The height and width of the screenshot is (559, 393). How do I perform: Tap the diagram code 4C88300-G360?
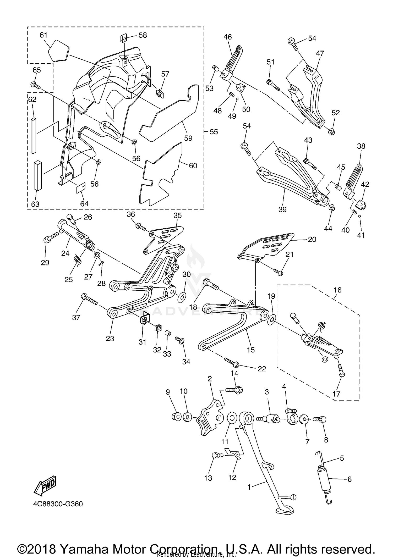[x=58, y=504]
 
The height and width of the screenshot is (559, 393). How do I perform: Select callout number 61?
[x=43, y=35]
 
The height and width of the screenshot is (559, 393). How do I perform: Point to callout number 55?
[x=214, y=132]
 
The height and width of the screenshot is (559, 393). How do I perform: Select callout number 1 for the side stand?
[x=249, y=487]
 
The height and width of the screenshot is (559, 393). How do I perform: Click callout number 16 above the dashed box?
[x=338, y=290]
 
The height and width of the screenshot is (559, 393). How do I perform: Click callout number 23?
[x=110, y=339]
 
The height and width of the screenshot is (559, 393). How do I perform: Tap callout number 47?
[x=320, y=53]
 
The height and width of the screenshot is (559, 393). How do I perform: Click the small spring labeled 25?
[x=77, y=259]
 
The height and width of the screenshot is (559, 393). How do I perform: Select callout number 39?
[x=282, y=209]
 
